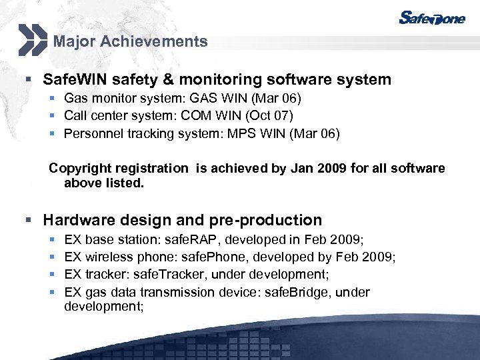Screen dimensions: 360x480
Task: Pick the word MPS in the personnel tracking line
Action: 238,133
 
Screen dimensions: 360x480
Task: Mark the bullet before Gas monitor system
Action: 52,99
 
